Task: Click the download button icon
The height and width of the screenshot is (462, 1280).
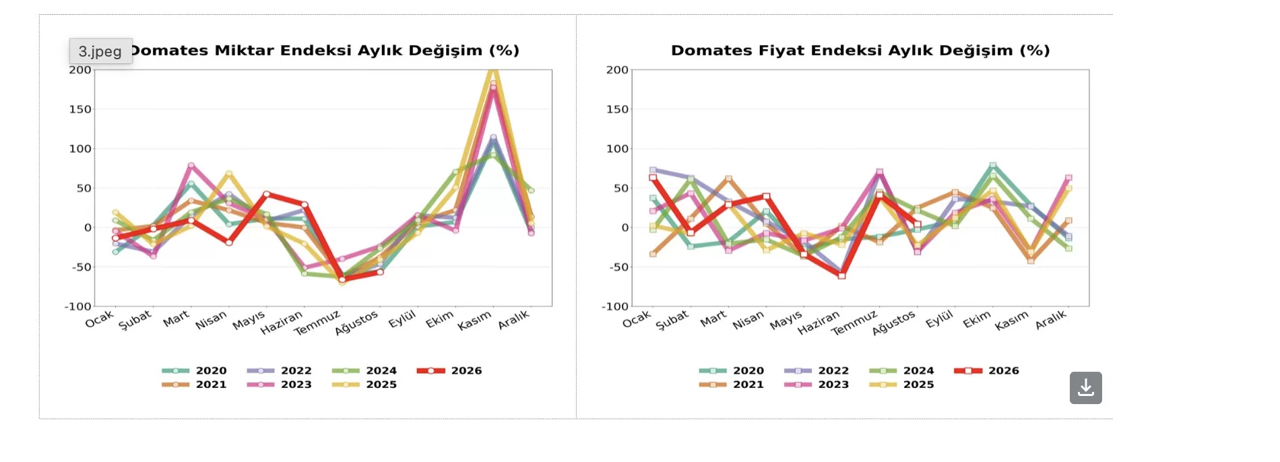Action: click(1085, 388)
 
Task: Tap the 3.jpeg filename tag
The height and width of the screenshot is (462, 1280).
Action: click(100, 51)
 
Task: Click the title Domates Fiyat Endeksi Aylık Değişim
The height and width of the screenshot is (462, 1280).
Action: click(860, 51)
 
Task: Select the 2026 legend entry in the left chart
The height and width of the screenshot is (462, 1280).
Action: click(449, 370)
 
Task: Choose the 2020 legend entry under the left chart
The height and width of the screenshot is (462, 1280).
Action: click(194, 370)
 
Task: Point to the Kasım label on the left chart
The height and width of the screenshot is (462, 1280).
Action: click(474, 321)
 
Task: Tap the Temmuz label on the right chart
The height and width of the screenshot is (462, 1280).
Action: click(854, 323)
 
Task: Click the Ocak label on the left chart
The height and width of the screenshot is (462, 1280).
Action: click(99, 319)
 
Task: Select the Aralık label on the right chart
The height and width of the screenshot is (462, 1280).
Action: click(1051, 320)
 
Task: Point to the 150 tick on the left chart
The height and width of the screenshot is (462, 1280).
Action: click(79, 109)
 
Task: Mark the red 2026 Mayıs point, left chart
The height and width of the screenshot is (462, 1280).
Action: click(267, 194)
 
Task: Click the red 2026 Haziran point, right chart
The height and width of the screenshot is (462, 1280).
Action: click(841, 275)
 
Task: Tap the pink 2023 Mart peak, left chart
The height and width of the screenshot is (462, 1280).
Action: click(191, 165)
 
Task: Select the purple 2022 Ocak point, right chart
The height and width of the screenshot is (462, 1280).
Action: click(653, 170)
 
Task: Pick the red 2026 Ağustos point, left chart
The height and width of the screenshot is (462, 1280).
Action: click(380, 272)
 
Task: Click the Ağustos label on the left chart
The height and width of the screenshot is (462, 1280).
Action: click(357, 323)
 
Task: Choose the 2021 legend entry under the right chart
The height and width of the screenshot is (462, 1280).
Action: click(732, 385)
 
